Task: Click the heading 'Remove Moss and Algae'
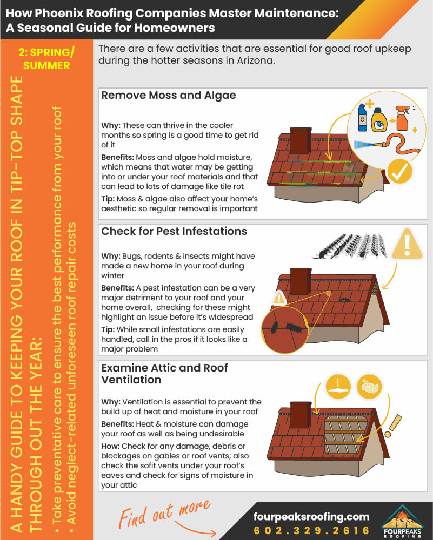(169, 96)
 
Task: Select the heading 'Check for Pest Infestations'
(174, 231)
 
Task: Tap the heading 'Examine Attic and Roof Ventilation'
(164, 374)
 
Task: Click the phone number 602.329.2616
(312, 530)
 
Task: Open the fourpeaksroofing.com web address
(311, 516)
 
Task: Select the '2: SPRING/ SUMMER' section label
(47, 59)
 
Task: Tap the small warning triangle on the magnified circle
(279, 298)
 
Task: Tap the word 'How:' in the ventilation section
(110, 446)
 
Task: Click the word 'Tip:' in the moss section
(109, 198)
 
